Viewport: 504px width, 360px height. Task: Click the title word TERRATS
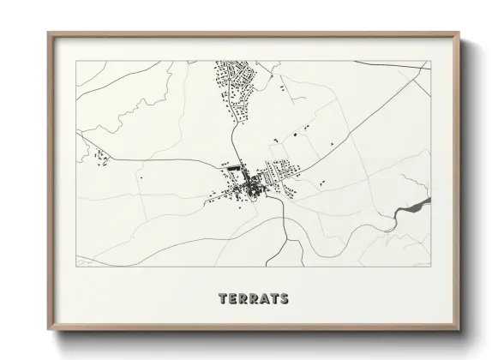click(254, 299)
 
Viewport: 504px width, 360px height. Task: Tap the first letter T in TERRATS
click(224, 299)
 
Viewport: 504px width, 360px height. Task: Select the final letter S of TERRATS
click(284, 299)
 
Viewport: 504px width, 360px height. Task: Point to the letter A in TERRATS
click(264, 299)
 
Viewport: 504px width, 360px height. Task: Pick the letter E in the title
click(233, 299)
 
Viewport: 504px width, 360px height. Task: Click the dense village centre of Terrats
click(249, 183)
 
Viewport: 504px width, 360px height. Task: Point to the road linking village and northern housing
click(234, 137)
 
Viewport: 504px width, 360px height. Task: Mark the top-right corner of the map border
click(429, 61)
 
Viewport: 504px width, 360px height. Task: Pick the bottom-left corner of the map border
click(76, 267)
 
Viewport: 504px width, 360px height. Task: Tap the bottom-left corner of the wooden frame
click(49, 330)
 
